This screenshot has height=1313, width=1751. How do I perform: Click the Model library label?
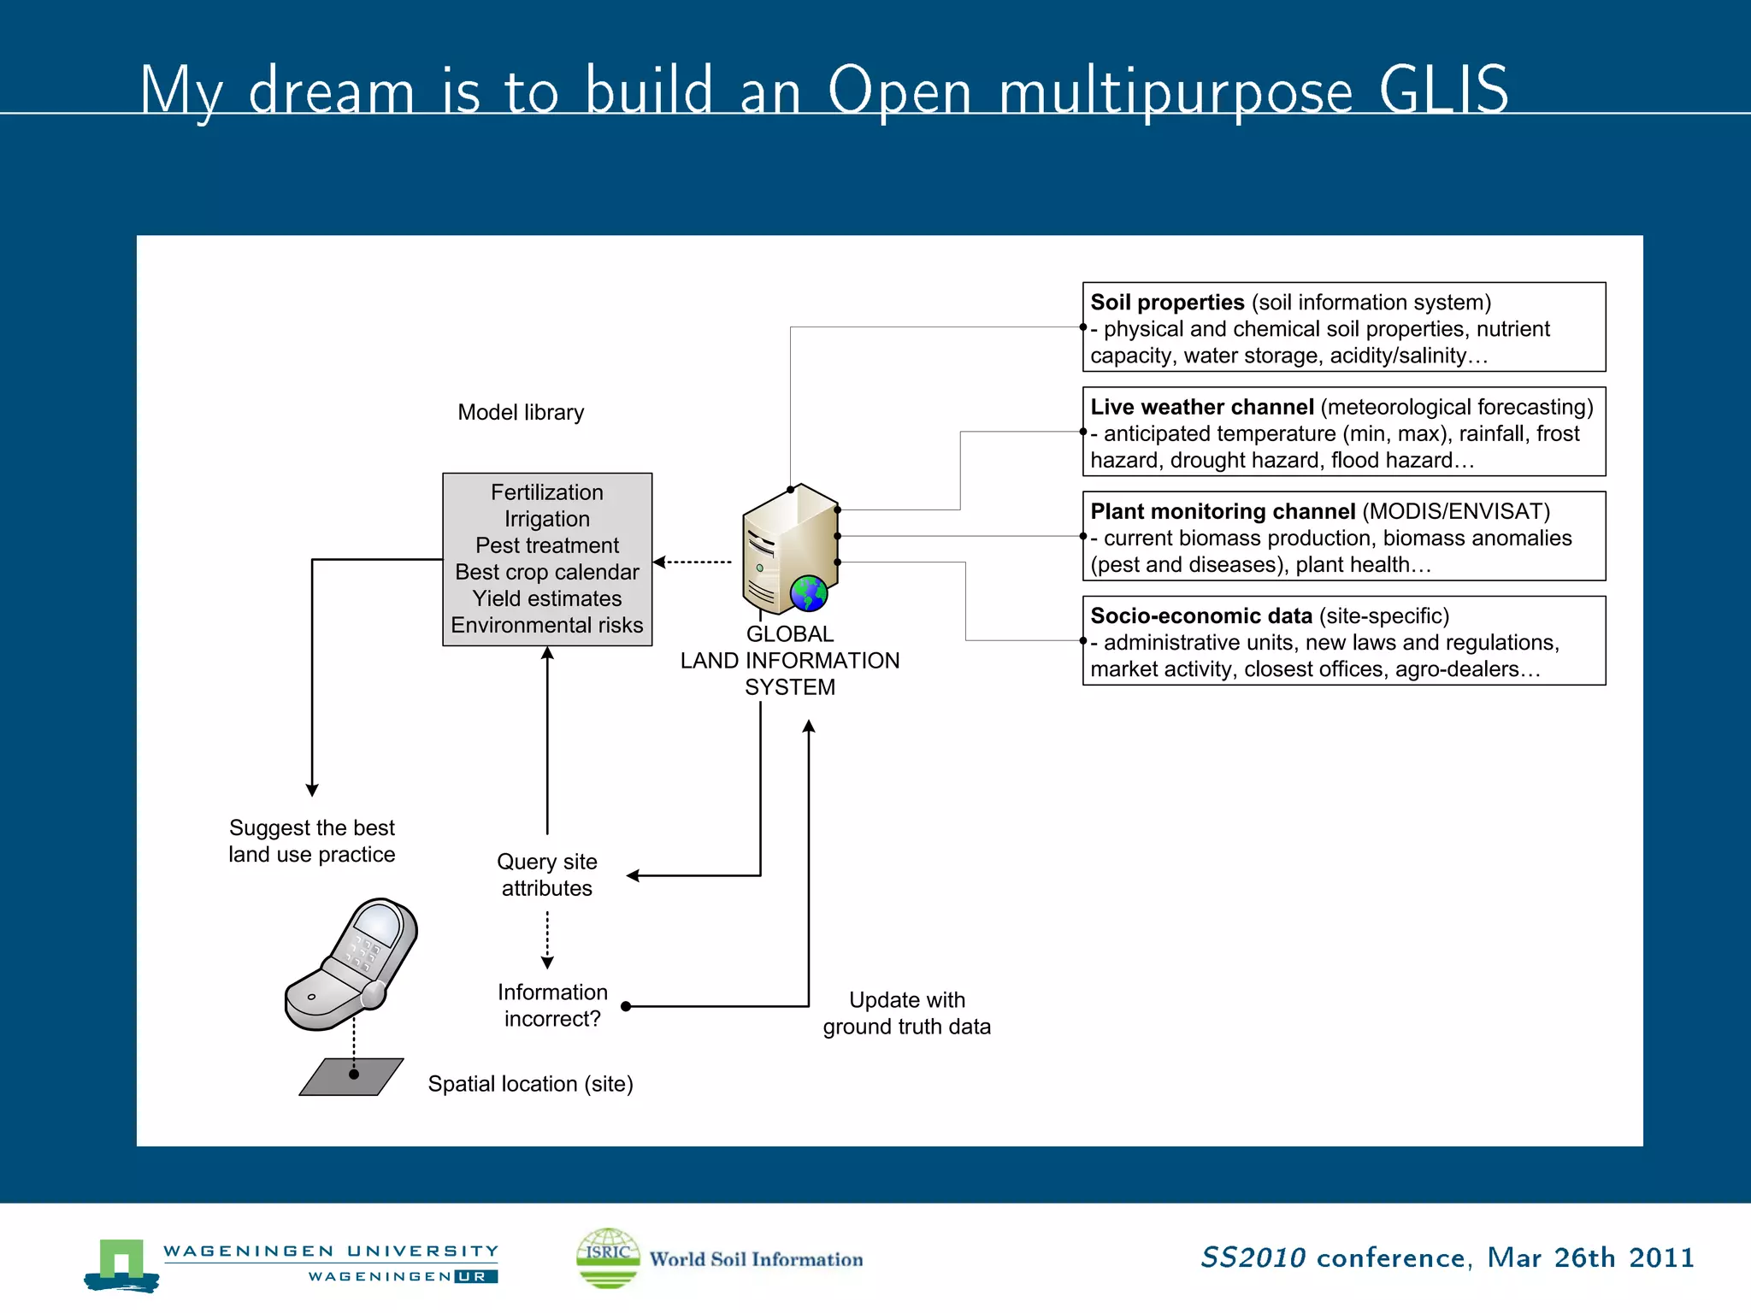tap(521, 412)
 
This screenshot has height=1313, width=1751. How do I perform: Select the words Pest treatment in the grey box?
tap(547, 545)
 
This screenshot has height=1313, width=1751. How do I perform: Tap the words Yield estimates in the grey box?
tap(547, 598)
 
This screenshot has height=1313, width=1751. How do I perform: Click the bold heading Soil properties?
tap(1167, 303)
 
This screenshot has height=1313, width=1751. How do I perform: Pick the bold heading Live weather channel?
tap(1201, 407)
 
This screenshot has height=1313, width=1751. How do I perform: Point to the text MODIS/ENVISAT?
tap(1455, 511)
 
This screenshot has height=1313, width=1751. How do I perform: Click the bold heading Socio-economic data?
tap(1200, 615)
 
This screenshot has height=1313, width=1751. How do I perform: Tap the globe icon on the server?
tap(808, 592)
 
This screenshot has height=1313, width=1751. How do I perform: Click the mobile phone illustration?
tap(351, 963)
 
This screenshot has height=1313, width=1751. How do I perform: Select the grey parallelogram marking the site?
tap(351, 1076)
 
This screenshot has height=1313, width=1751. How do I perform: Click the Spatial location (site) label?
tap(530, 1084)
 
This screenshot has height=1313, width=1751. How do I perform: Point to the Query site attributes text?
tap(547, 874)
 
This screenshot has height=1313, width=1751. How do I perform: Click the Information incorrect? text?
tap(552, 1005)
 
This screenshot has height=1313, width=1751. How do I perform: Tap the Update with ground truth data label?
tap(906, 1013)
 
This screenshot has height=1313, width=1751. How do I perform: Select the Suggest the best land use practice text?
tap(312, 841)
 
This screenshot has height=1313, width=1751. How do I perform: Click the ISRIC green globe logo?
tap(608, 1257)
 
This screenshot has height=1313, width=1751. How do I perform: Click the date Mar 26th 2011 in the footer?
tap(1590, 1257)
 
